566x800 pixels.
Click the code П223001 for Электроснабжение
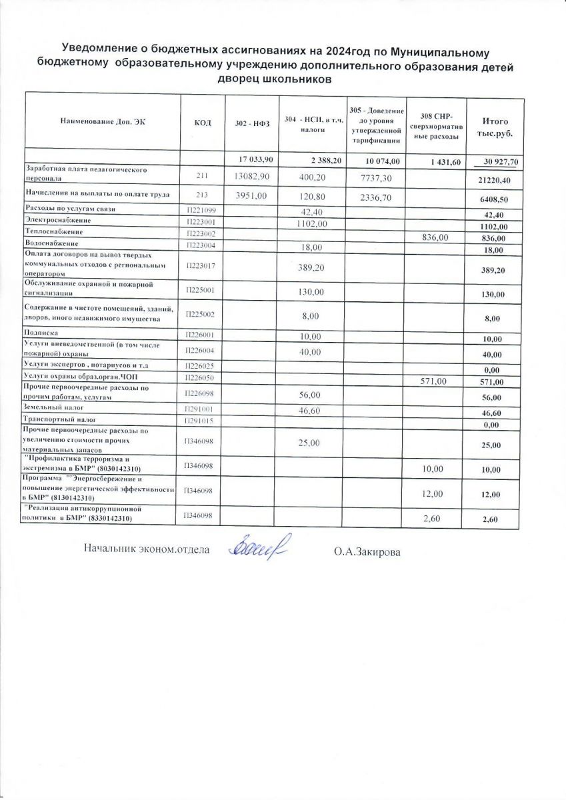(x=203, y=221)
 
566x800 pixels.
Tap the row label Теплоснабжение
(x=53, y=231)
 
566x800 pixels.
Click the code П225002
(x=203, y=313)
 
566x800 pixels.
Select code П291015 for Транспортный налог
(x=203, y=420)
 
